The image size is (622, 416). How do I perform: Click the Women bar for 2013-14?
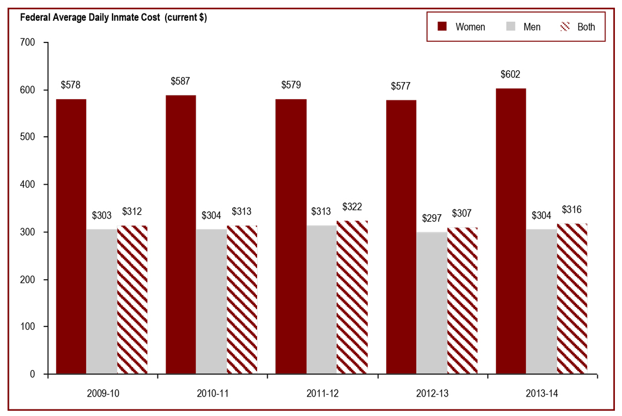pos(511,231)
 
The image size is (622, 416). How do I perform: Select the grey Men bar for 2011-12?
pos(321,300)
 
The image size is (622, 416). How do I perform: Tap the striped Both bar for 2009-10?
pos(133,300)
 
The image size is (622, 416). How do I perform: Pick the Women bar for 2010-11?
pos(180,234)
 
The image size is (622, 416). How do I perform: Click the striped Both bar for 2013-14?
pos(572,299)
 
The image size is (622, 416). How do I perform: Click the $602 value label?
pos(511,74)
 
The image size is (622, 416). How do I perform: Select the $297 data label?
pos(432,218)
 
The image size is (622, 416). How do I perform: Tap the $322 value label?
pos(353,207)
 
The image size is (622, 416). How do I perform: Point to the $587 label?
pos(180,81)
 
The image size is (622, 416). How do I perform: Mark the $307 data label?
pos(462,213)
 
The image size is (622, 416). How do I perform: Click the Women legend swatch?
pos(442,27)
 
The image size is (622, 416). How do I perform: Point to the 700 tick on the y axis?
pos(28,42)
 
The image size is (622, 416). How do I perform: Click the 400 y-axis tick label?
pos(28,185)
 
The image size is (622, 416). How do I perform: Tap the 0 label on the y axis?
pos(32,374)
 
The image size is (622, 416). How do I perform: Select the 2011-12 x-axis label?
pos(322,392)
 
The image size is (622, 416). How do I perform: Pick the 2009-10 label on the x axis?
pos(102,392)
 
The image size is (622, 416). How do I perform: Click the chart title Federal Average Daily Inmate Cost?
pos(113,17)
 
